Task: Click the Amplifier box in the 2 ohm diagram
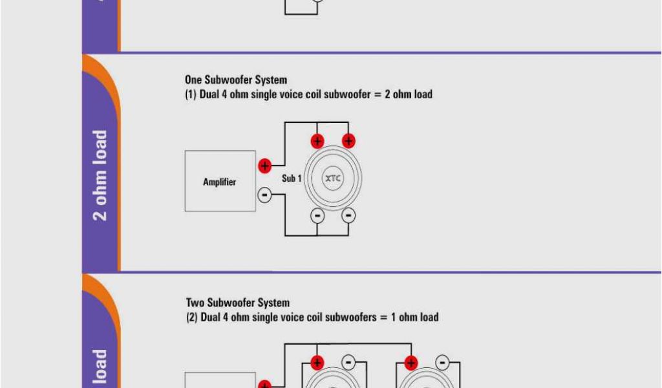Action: coord(220,181)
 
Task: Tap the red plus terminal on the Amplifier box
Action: coord(264,166)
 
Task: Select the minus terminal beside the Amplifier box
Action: coord(264,194)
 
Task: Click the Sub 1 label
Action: coord(292,178)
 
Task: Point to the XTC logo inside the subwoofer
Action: coord(333,178)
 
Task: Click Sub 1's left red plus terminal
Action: coord(317,141)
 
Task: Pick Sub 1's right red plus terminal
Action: coord(348,141)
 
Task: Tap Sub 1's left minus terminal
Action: coord(317,215)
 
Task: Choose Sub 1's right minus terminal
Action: coord(348,215)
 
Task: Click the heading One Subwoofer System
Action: coord(235,80)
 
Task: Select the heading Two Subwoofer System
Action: coord(237,303)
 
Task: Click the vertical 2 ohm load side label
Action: coord(100,175)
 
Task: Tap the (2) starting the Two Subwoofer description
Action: coord(191,317)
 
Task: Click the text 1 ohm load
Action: coord(414,317)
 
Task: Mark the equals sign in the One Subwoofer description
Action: coord(376,94)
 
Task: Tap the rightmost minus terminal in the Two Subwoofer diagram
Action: coord(443,363)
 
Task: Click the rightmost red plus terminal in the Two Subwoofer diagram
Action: coord(410,363)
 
